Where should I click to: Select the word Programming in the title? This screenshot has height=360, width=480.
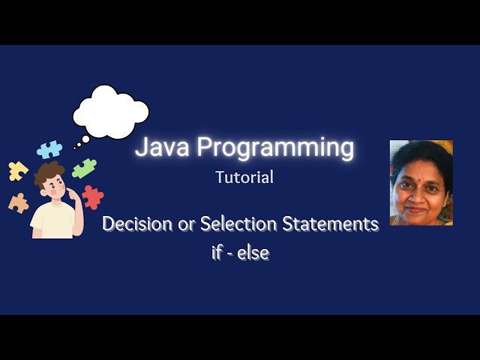click(x=275, y=148)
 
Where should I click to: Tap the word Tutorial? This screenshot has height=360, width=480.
click(x=244, y=178)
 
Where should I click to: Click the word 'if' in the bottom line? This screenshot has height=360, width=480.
click(x=217, y=253)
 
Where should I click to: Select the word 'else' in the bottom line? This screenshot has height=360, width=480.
click(x=253, y=253)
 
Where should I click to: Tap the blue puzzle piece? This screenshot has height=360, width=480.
click(x=49, y=148)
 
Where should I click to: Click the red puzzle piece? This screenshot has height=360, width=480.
click(x=93, y=197)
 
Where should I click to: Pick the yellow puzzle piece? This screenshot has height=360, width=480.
click(x=17, y=171)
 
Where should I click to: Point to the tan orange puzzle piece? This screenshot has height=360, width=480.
click(x=18, y=202)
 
